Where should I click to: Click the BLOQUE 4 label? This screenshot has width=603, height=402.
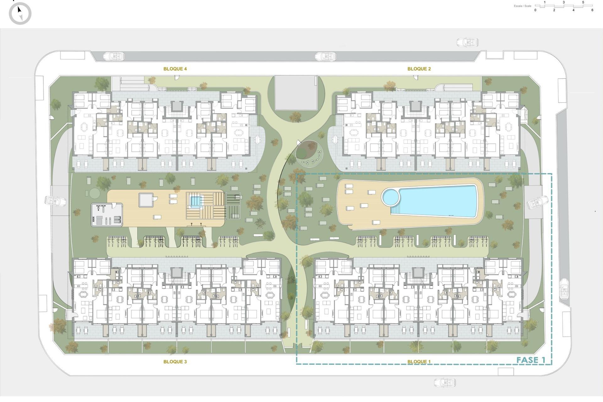175,69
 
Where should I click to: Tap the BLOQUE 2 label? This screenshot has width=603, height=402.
419,69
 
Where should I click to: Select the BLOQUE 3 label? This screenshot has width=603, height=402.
175,361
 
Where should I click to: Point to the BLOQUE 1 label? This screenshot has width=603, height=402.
419,361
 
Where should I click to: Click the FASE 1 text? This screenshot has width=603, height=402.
531,360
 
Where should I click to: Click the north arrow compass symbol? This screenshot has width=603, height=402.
20,13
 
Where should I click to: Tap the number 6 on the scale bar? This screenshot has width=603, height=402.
592,10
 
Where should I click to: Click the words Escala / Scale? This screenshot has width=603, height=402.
523,6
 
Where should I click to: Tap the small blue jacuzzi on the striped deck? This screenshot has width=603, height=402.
195,201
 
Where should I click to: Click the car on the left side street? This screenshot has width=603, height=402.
55,201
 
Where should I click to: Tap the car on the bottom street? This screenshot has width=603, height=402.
445,383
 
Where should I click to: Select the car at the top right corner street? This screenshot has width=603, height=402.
467,42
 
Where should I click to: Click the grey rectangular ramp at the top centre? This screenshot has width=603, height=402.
296,93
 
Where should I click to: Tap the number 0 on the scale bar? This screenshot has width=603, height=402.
535,10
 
